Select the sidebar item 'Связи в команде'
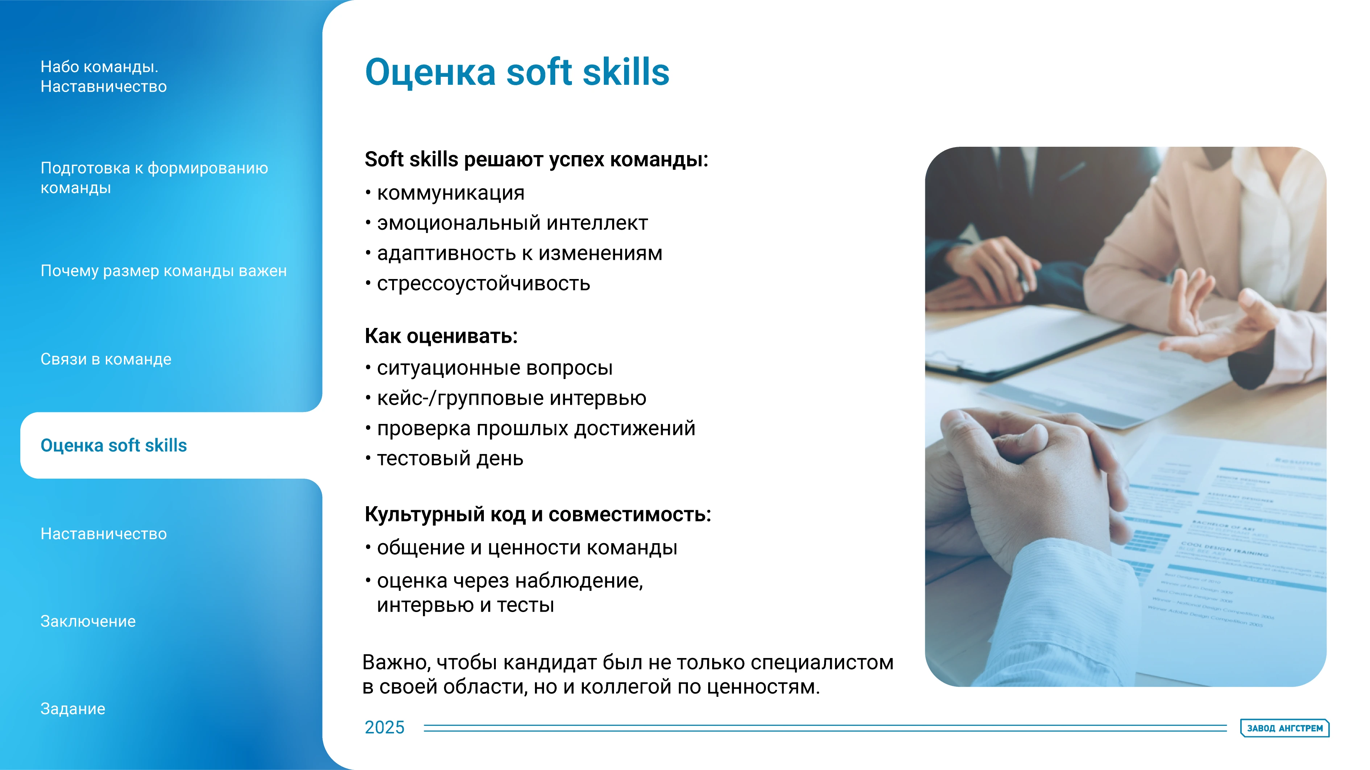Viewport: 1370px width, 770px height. coord(106,359)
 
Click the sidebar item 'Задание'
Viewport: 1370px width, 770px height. coord(73,709)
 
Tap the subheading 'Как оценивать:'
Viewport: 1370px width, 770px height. coord(441,336)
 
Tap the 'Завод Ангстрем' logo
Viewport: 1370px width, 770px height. coord(1285,728)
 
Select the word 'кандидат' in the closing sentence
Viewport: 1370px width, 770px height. coord(549,663)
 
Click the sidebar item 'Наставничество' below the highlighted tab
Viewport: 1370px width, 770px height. coord(104,534)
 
